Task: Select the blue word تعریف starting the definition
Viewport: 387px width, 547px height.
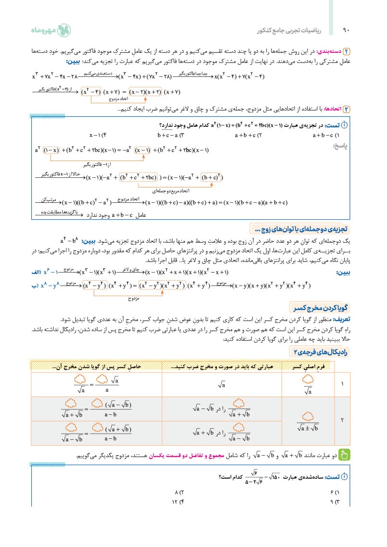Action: click(343, 319)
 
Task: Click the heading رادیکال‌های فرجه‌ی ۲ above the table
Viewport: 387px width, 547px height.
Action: click(321, 352)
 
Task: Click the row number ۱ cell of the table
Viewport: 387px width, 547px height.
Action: click(342, 384)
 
